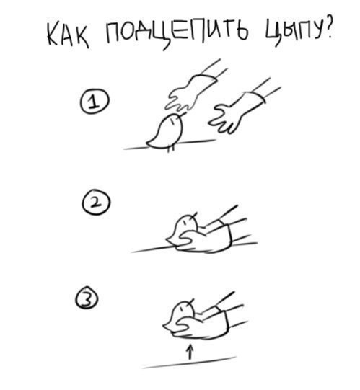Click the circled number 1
[x=95, y=102]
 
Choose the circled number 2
[x=96, y=203]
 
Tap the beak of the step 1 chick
[x=183, y=114]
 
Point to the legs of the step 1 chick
[x=170, y=149]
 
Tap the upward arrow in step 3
[x=190, y=352]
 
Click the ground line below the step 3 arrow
[x=189, y=363]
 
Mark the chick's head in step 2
[x=187, y=222]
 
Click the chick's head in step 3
[x=184, y=309]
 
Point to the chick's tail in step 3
[x=168, y=327]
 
